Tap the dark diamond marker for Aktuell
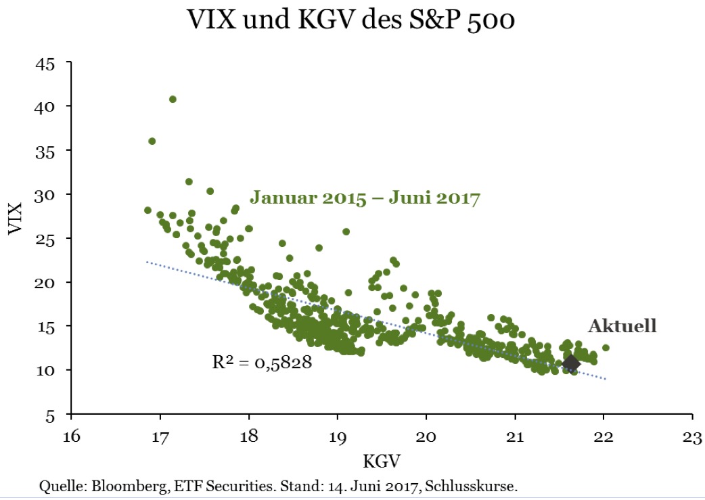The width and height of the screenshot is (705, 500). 571,364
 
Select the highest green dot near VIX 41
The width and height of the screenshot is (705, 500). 173,99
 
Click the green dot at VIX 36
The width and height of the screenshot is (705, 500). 152,141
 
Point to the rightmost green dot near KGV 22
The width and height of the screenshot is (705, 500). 606,348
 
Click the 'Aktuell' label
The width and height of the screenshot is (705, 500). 622,326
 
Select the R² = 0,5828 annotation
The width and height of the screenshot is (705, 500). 262,363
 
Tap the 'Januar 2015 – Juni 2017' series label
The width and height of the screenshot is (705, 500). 365,199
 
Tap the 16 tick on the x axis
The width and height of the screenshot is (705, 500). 71,436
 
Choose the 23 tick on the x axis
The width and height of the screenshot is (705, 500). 691,436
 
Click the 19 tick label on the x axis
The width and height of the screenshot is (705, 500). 337,436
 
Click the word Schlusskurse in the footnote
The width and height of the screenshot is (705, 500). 481,486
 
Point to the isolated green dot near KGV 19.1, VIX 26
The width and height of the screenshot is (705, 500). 346,231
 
